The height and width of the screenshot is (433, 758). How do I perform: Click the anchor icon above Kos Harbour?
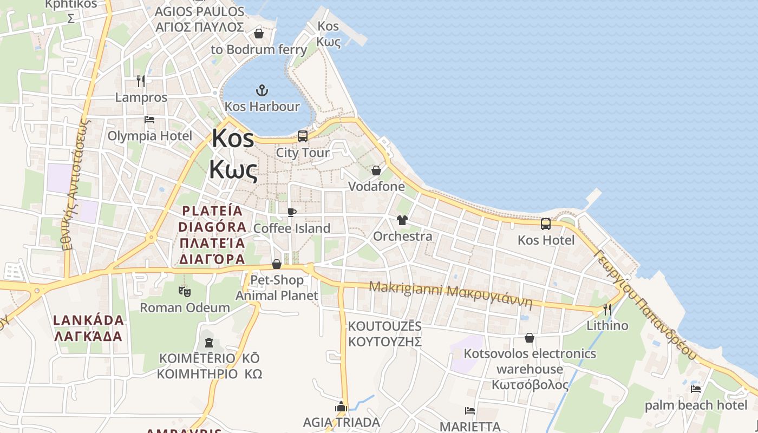click(262, 90)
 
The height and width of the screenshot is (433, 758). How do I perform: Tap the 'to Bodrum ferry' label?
click(259, 50)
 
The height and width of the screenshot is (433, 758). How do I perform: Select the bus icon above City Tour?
click(303, 136)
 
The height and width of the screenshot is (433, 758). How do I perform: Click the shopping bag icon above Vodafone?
click(376, 170)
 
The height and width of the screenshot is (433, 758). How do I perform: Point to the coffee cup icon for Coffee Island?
click(292, 212)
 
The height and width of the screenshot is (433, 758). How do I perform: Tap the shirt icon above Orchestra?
click(402, 220)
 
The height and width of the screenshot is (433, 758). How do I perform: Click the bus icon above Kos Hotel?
click(546, 224)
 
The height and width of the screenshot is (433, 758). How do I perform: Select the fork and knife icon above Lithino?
click(607, 310)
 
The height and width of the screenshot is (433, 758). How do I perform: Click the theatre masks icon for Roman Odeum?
click(185, 291)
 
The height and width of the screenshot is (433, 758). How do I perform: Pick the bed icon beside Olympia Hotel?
click(149, 120)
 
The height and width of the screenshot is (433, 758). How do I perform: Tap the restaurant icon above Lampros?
click(141, 81)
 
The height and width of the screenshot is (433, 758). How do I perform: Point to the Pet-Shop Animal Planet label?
click(277, 288)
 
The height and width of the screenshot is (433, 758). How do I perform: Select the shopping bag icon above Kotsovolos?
click(530, 338)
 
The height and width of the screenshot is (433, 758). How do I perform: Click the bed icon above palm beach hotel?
click(696, 389)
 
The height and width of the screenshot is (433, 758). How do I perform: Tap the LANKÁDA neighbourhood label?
click(89, 328)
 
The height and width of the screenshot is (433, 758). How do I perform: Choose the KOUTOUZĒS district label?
click(385, 334)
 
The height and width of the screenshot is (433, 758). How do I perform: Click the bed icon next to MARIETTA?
click(470, 411)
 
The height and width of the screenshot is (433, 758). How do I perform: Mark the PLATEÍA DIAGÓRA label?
click(212, 235)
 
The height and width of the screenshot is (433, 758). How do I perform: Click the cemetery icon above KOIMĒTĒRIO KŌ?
click(209, 342)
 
